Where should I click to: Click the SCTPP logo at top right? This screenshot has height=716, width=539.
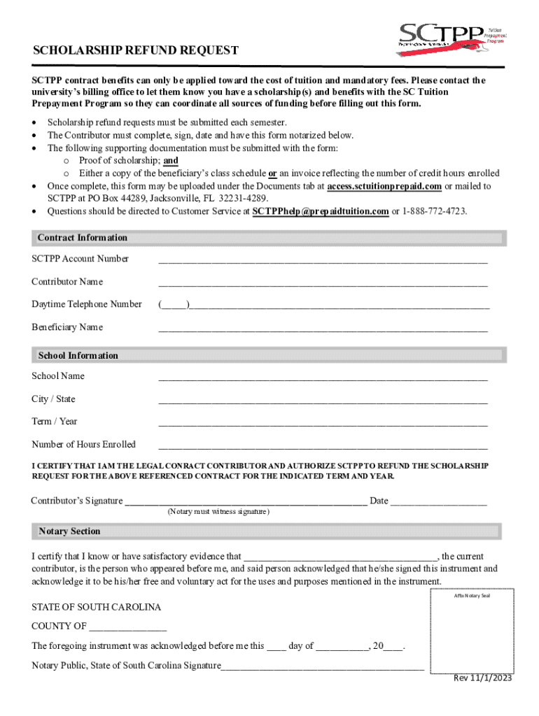(451, 35)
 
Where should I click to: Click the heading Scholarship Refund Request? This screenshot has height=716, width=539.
(136, 51)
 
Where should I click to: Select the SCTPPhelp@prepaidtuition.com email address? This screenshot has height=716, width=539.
(320, 211)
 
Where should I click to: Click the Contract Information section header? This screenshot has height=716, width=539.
(83, 238)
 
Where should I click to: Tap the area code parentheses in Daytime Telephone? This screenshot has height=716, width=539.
(173, 305)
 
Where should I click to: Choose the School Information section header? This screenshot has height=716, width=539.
(78, 356)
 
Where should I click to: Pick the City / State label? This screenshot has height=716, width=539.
(53, 399)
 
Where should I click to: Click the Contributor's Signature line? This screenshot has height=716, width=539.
(245, 502)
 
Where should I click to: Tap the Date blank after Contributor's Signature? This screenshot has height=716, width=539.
(438, 502)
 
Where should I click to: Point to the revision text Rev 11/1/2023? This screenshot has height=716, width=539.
(481, 678)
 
